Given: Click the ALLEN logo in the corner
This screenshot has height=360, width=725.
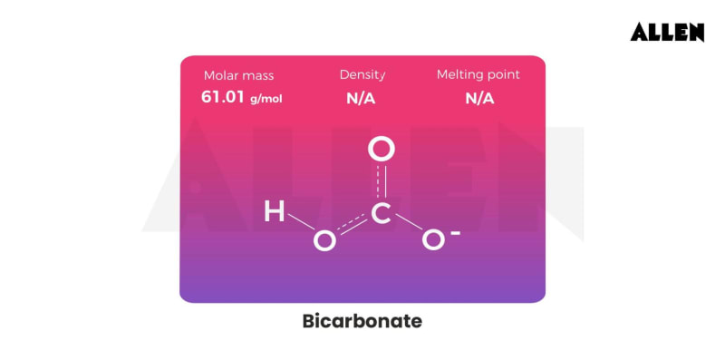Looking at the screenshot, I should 668,32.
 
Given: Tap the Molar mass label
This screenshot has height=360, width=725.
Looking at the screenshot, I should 238,75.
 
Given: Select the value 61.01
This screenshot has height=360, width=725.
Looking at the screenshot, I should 223,97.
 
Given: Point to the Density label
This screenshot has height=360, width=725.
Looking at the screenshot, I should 362,74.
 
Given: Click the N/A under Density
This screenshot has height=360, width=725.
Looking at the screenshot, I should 361,98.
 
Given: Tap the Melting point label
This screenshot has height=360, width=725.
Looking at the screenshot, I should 478,74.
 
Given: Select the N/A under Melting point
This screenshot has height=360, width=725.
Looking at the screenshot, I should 479,98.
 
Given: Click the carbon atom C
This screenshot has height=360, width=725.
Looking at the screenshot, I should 382,213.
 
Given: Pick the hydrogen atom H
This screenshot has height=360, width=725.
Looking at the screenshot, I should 273,213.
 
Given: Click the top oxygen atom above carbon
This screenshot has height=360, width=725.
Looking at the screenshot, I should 382,149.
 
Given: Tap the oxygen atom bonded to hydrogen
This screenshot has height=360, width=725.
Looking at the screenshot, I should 324,240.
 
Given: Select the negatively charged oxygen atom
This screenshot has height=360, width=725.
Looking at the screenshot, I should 434,240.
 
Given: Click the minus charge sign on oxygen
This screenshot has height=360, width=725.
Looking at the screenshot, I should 455,232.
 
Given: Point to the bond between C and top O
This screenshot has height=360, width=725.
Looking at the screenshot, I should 382,181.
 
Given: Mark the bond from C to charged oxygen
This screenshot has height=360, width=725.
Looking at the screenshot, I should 408,227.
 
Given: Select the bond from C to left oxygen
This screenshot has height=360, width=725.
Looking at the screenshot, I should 353,227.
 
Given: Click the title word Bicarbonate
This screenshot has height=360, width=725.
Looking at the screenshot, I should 362,321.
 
